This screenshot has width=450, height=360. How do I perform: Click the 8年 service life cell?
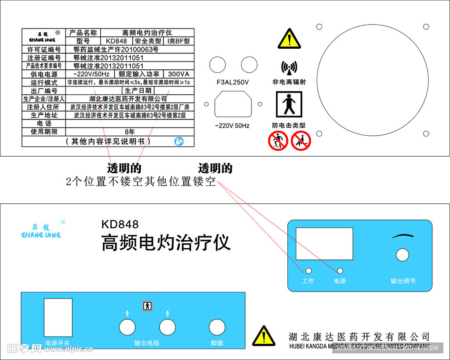130,131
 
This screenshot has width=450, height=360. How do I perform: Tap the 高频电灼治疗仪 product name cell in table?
147,33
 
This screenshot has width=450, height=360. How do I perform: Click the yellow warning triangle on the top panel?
289,40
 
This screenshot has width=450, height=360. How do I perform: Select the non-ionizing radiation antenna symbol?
289,67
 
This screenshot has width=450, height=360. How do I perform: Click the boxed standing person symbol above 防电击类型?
289,104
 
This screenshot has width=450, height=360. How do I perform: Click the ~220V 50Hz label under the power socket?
232,126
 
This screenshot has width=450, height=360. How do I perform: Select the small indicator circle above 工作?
308,271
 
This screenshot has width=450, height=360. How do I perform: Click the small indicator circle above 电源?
340,271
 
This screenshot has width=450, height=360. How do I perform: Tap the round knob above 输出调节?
402,255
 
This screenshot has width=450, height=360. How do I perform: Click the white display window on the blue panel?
324,244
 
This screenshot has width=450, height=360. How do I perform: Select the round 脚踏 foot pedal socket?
217,328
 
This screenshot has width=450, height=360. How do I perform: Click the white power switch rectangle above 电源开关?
58,317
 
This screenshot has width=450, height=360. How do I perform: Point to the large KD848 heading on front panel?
120,224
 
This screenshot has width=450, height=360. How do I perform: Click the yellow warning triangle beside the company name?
264,336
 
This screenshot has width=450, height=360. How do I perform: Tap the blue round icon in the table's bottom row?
179,141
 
